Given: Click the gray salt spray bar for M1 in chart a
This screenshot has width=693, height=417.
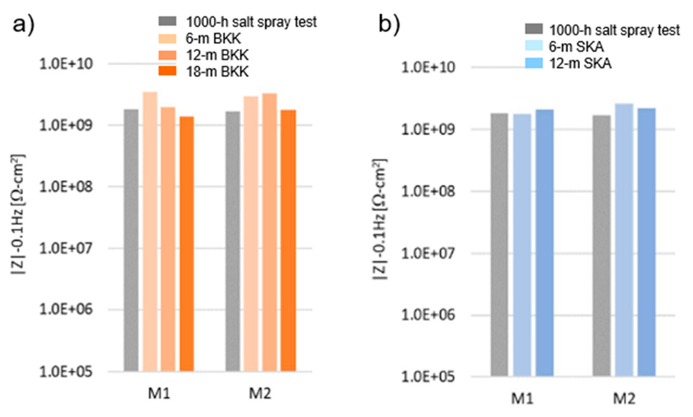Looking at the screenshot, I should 131,240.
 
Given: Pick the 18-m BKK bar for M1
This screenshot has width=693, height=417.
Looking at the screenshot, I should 187,244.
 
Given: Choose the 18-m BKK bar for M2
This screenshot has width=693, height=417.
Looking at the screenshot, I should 288,241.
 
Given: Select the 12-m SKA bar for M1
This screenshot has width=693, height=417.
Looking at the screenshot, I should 544,243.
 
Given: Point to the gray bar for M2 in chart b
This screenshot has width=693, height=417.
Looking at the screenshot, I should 602,246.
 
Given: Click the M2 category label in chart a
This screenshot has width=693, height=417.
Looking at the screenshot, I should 260,393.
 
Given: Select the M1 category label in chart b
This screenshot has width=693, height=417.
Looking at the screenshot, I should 522,398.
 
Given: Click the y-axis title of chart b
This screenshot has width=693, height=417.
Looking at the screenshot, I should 380,219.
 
